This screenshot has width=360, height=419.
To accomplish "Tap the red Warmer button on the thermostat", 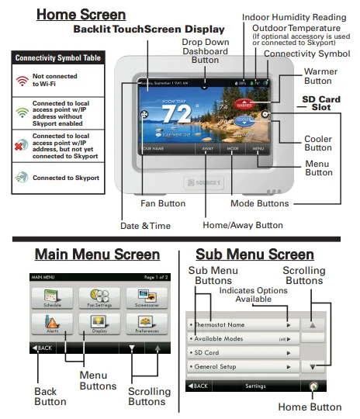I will (246, 101).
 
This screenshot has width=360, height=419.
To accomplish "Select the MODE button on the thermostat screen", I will (233, 147).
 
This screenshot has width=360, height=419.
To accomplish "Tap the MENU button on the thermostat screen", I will (258, 147).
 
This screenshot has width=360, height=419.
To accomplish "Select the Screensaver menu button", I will (143, 297).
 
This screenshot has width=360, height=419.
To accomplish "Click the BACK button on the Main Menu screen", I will (42, 348).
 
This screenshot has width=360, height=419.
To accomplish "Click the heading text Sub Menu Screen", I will (254, 255).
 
